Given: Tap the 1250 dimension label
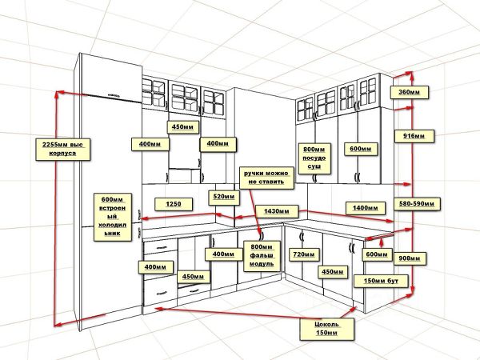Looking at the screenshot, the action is tap(174, 204).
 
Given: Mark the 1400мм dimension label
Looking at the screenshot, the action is tap(365, 208).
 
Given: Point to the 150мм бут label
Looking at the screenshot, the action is tap(385, 281).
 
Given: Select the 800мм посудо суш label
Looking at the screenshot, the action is tap(314, 155).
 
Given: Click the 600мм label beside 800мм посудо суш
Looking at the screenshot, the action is tap(361, 149).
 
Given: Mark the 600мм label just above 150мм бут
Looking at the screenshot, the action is tap(378, 254).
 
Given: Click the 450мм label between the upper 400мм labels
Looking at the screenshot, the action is tap(185, 127).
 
